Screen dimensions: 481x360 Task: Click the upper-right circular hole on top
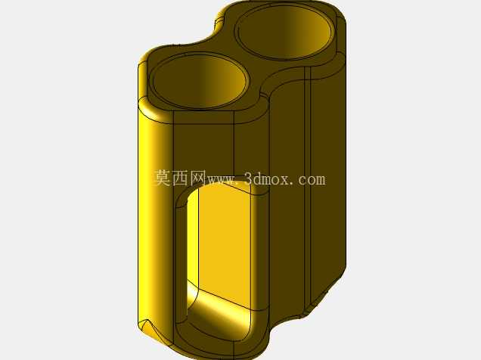pyautogui.click(x=284, y=33)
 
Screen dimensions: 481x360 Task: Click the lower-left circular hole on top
pyautogui.click(x=200, y=81)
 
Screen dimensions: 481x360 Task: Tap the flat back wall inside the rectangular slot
pyautogui.click(x=225, y=242)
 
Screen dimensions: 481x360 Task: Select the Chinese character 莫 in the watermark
pyautogui.click(x=163, y=178)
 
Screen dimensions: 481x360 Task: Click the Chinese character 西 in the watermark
pyautogui.click(x=180, y=178)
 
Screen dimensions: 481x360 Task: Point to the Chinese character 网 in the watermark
pyautogui.click(x=198, y=178)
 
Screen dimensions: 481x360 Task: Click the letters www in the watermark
pyautogui.click(x=222, y=180)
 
